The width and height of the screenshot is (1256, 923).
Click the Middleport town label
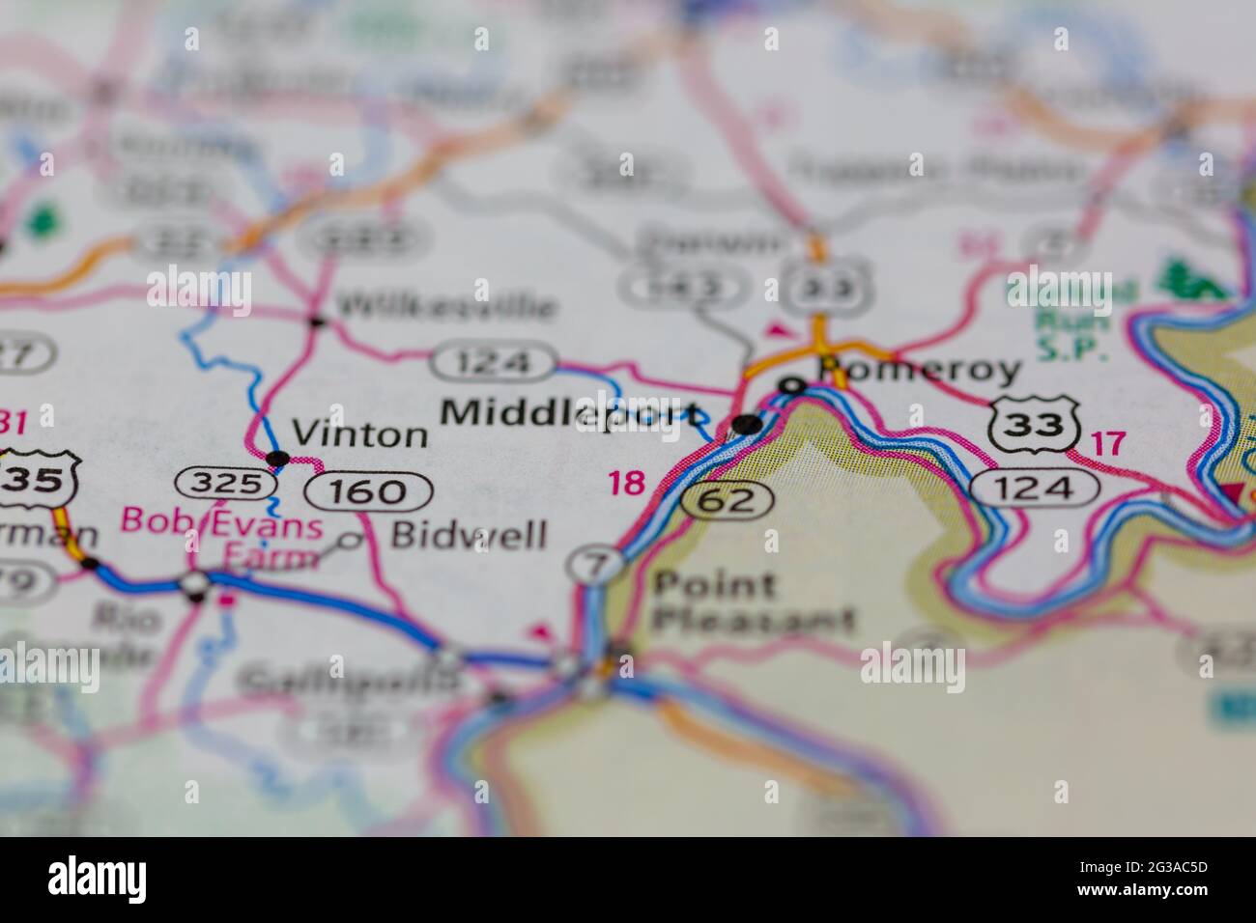point(570,413)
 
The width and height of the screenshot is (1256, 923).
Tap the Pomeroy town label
point(918,370)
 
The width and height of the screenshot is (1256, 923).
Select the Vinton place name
point(359,434)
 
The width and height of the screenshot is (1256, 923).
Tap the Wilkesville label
point(446,307)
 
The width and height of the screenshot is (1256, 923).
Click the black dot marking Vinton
point(277,458)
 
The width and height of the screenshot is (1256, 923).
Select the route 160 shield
point(368,492)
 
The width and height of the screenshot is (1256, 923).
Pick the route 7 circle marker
point(594,565)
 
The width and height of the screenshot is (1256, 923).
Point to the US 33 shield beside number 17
point(1034,424)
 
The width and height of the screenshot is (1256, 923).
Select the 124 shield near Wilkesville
point(494,363)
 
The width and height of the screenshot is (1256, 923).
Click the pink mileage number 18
point(626,483)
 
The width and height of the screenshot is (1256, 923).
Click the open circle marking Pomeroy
point(792,387)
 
